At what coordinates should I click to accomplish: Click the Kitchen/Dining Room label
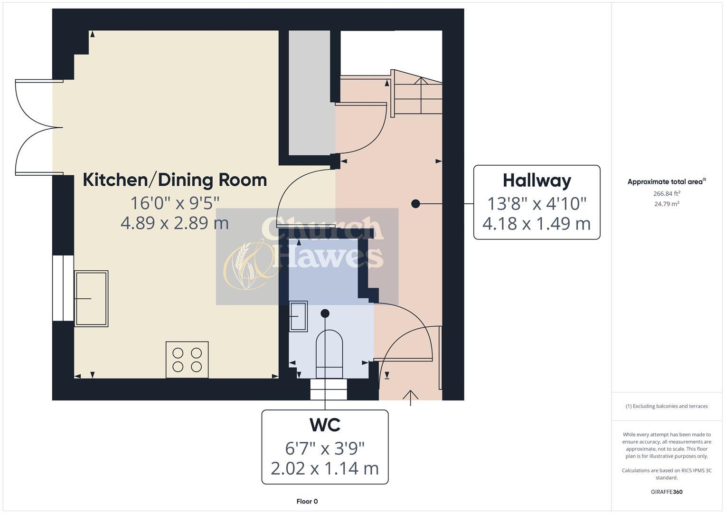click(x=175, y=180)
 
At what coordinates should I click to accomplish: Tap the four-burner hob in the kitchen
click(x=187, y=360)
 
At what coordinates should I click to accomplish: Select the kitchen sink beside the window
click(x=91, y=298)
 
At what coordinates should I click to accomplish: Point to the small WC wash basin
click(x=298, y=315)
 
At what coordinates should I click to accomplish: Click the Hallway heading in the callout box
click(x=537, y=181)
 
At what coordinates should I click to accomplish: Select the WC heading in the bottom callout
click(x=325, y=425)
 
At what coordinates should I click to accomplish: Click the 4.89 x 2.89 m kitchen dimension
click(x=175, y=223)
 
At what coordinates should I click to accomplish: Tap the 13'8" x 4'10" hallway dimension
click(x=537, y=204)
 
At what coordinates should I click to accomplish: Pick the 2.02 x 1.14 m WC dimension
click(x=325, y=468)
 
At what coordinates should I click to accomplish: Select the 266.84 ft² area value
click(x=666, y=193)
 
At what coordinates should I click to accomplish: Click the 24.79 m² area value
click(x=666, y=204)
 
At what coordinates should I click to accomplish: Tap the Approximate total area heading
click(x=666, y=181)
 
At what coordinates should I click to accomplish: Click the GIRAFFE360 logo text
click(x=666, y=492)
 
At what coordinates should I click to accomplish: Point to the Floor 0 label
click(x=307, y=501)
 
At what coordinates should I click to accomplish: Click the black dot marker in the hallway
click(x=415, y=204)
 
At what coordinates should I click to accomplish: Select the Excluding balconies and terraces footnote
click(x=666, y=406)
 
